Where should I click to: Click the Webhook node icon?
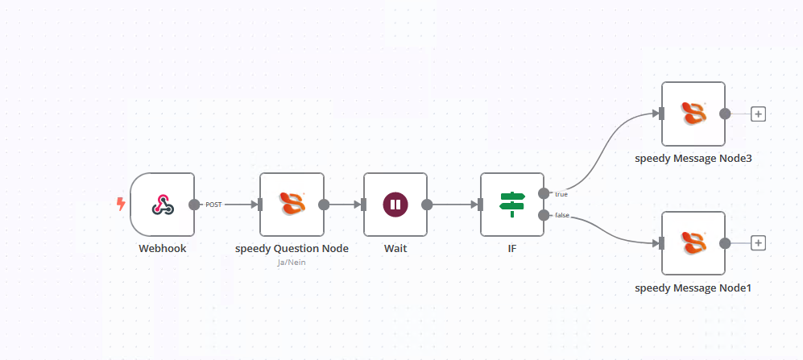(x=163, y=205)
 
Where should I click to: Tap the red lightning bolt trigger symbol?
(x=122, y=205)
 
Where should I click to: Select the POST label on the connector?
(x=213, y=205)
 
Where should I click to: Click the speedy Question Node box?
(x=292, y=205)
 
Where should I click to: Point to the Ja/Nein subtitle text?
(x=292, y=263)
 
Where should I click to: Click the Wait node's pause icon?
(x=395, y=205)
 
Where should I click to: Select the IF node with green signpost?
(x=511, y=205)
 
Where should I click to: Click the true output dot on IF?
(x=544, y=193)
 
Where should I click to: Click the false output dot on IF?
(x=544, y=215)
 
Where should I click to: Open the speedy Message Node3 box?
(x=693, y=114)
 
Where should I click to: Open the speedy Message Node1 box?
(x=693, y=243)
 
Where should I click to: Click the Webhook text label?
(x=163, y=248)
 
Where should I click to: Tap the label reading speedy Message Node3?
(x=693, y=158)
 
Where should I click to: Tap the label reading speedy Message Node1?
(x=693, y=288)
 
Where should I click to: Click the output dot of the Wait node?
(x=427, y=205)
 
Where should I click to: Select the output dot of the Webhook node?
(x=194, y=205)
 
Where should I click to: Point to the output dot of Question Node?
(x=324, y=205)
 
